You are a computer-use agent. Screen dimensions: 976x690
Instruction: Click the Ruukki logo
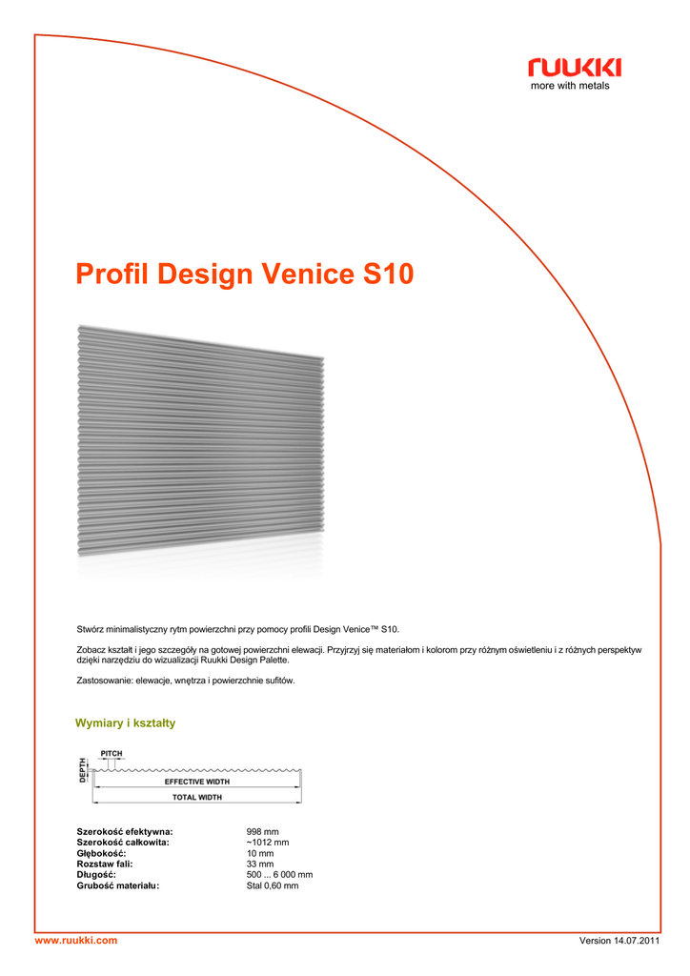(x=575, y=67)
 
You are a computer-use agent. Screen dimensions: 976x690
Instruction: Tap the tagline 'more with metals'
(x=570, y=86)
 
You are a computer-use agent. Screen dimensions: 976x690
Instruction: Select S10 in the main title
(x=389, y=274)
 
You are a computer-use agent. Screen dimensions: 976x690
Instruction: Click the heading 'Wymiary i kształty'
(x=125, y=723)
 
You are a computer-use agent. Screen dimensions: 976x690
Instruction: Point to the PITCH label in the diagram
(x=112, y=753)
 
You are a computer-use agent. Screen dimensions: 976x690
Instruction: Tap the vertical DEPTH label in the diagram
(x=83, y=770)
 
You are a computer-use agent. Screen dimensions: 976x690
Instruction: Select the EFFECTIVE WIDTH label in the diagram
(x=197, y=782)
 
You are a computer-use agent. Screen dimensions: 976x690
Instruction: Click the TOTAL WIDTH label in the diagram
(x=197, y=797)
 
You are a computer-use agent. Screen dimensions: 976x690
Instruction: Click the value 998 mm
(x=262, y=832)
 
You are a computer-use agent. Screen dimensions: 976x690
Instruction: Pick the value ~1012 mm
(x=268, y=843)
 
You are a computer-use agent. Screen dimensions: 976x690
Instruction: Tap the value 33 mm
(x=259, y=864)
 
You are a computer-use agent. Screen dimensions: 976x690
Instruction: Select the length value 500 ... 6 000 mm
(x=279, y=875)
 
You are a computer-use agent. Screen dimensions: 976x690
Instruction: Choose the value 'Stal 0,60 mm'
(x=273, y=885)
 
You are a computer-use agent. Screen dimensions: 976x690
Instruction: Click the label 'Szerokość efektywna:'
(x=124, y=832)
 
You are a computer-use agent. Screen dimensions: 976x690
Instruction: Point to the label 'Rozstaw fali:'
(x=104, y=864)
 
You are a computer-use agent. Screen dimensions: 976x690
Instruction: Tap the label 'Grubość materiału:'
(x=118, y=885)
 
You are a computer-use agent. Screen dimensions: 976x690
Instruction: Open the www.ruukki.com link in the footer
(x=76, y=941)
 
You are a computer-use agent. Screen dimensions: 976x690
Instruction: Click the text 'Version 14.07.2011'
(x=619, y=942)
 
